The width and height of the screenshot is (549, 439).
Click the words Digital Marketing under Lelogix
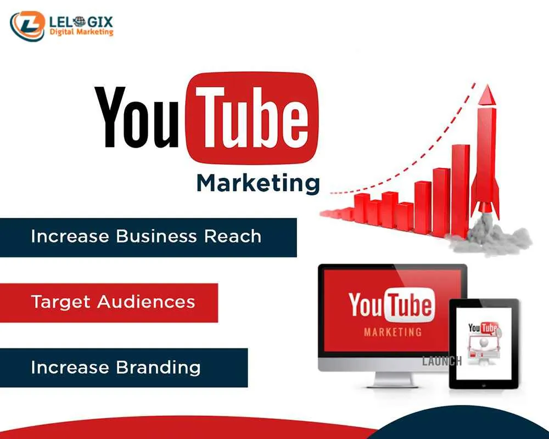81,32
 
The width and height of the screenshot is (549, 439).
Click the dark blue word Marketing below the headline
258,183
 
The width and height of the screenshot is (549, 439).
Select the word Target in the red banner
61,302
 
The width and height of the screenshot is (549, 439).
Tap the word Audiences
147,302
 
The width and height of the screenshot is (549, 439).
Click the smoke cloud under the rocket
486,236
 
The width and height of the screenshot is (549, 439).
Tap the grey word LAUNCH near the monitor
442,361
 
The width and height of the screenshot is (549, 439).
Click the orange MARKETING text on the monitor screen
393,332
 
